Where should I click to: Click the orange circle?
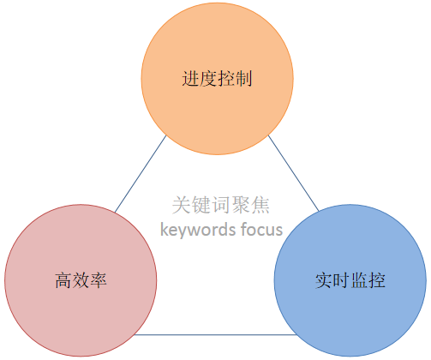218,79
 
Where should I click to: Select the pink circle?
81,280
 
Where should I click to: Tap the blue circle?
350,280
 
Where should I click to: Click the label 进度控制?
217,79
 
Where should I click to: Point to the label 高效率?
81,280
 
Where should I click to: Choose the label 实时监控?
350,280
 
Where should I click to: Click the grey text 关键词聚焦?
221,205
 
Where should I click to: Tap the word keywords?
198,230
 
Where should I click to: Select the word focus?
261,229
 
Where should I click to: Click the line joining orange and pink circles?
141,174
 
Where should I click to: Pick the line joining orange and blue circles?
294,173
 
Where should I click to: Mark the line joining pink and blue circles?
215,334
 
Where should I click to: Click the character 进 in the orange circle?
190,79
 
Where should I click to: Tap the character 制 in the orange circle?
243,79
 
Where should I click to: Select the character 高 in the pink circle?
63,280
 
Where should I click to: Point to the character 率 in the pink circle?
99,280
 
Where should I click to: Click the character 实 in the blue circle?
324,280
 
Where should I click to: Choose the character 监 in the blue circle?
359,280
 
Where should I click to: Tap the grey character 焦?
260,205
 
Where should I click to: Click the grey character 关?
182,205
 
